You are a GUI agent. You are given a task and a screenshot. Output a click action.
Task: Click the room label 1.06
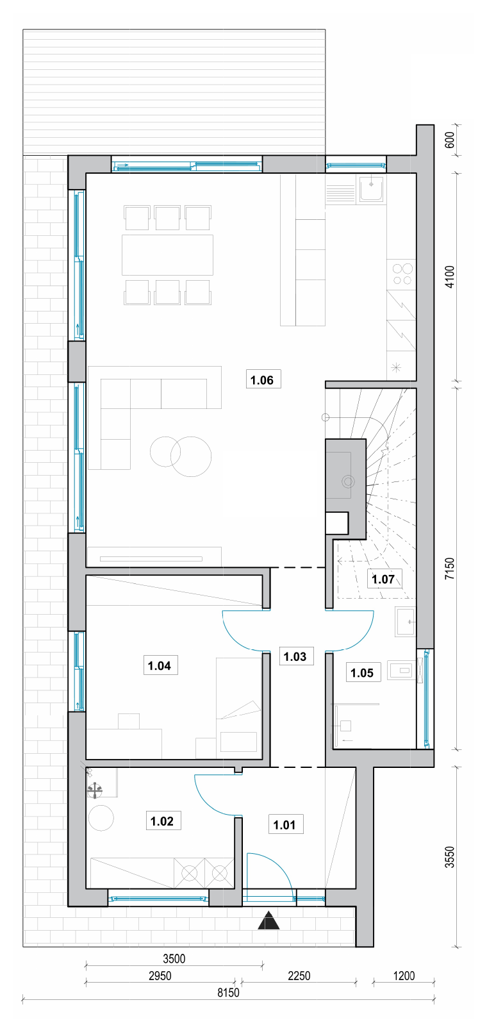(261, 380)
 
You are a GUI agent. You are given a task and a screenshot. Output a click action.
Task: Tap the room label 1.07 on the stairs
(383, 579)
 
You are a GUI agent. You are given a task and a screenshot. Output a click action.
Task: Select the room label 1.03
(295, 656)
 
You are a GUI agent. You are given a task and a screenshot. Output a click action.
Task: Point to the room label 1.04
(160, 666)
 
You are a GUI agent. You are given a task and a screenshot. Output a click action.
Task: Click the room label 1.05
(362, 672)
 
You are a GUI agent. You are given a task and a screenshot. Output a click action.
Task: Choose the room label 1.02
(162, 821)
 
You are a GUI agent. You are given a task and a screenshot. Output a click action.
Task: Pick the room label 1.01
(285, 825)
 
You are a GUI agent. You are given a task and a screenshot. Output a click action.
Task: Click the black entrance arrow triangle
(268, 921)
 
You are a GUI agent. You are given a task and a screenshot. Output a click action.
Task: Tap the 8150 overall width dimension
(229, 992)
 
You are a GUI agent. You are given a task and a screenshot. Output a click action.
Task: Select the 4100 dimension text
(450, 277)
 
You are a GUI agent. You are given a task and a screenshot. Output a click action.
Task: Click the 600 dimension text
(450, 140)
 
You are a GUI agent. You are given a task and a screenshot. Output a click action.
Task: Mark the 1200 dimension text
(404, 976)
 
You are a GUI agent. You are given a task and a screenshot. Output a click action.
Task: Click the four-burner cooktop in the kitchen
(402, 274)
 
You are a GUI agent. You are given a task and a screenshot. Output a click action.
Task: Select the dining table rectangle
(168, 254)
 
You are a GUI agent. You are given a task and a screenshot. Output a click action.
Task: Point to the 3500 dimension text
(174, 959)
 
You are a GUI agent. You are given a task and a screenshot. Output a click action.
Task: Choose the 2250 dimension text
(299, 976)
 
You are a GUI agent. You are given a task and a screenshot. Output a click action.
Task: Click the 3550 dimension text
(450, 857)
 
